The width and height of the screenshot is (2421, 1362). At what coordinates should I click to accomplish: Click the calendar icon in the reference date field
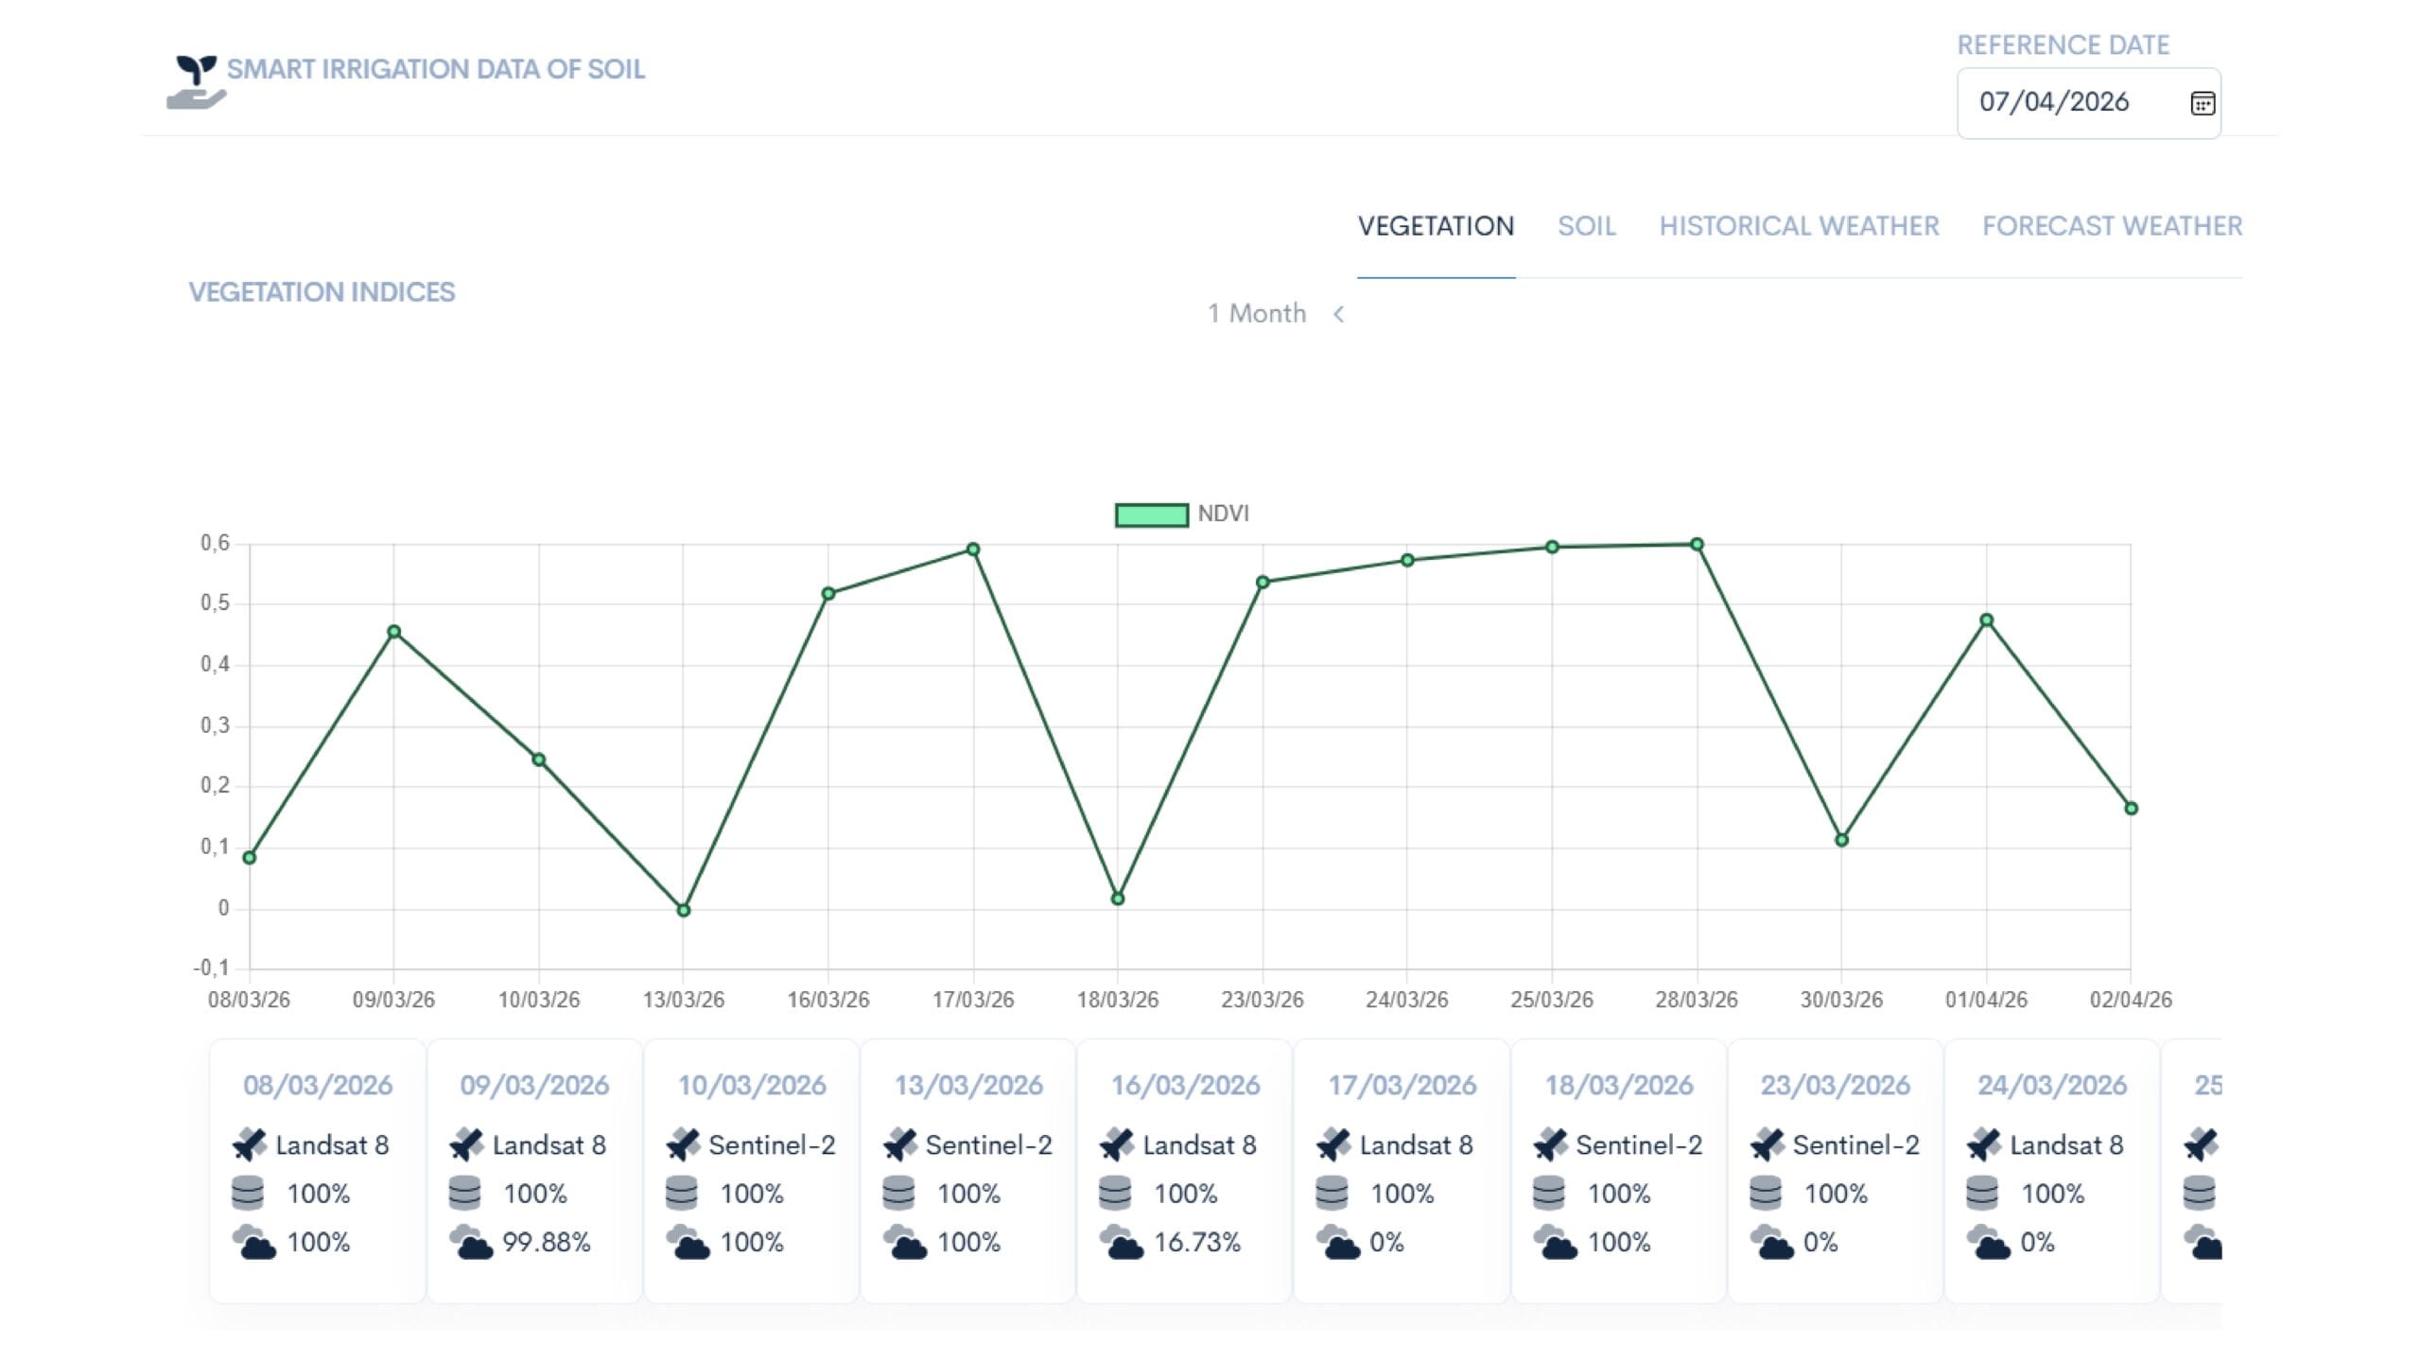point(2203,103)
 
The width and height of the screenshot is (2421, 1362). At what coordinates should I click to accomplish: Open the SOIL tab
point(1587,226)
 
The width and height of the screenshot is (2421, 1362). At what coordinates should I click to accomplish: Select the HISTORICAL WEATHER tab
point(1799,226)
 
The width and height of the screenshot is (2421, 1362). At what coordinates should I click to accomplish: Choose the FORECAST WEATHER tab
point(2112,226)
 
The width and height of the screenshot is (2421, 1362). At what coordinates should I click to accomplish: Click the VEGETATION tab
point(1436,226)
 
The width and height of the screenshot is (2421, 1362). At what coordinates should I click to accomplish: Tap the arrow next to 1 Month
point(1338,314)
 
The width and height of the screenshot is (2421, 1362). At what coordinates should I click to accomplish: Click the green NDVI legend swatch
point(1151,515)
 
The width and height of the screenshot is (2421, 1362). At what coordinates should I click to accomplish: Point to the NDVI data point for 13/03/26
point(684,910)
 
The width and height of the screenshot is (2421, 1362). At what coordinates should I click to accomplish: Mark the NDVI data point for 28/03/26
point(1697,545)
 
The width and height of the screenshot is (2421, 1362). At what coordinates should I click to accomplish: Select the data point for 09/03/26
point(394,632)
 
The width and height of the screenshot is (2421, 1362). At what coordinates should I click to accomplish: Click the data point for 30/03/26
point(1841,840)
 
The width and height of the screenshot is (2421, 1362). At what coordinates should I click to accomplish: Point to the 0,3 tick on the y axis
point(215,725)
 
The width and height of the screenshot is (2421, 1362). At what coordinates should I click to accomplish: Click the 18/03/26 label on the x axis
point(1118,1000)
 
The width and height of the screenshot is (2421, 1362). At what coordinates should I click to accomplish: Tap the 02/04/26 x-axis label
point(2131,1000)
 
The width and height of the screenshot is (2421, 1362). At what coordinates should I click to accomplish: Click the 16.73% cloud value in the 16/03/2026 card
point(1196,1242)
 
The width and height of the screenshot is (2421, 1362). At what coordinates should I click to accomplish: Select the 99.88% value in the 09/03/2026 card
point(546,1242)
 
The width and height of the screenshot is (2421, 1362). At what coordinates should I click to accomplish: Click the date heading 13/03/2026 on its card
point(968,1085)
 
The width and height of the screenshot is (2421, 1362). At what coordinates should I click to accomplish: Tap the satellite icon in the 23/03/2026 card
point(1767,1144)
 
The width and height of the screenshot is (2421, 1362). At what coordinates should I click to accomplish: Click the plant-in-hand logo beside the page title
point(197,82)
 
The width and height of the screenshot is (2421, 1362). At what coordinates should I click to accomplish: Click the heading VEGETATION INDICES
point(322,292)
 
